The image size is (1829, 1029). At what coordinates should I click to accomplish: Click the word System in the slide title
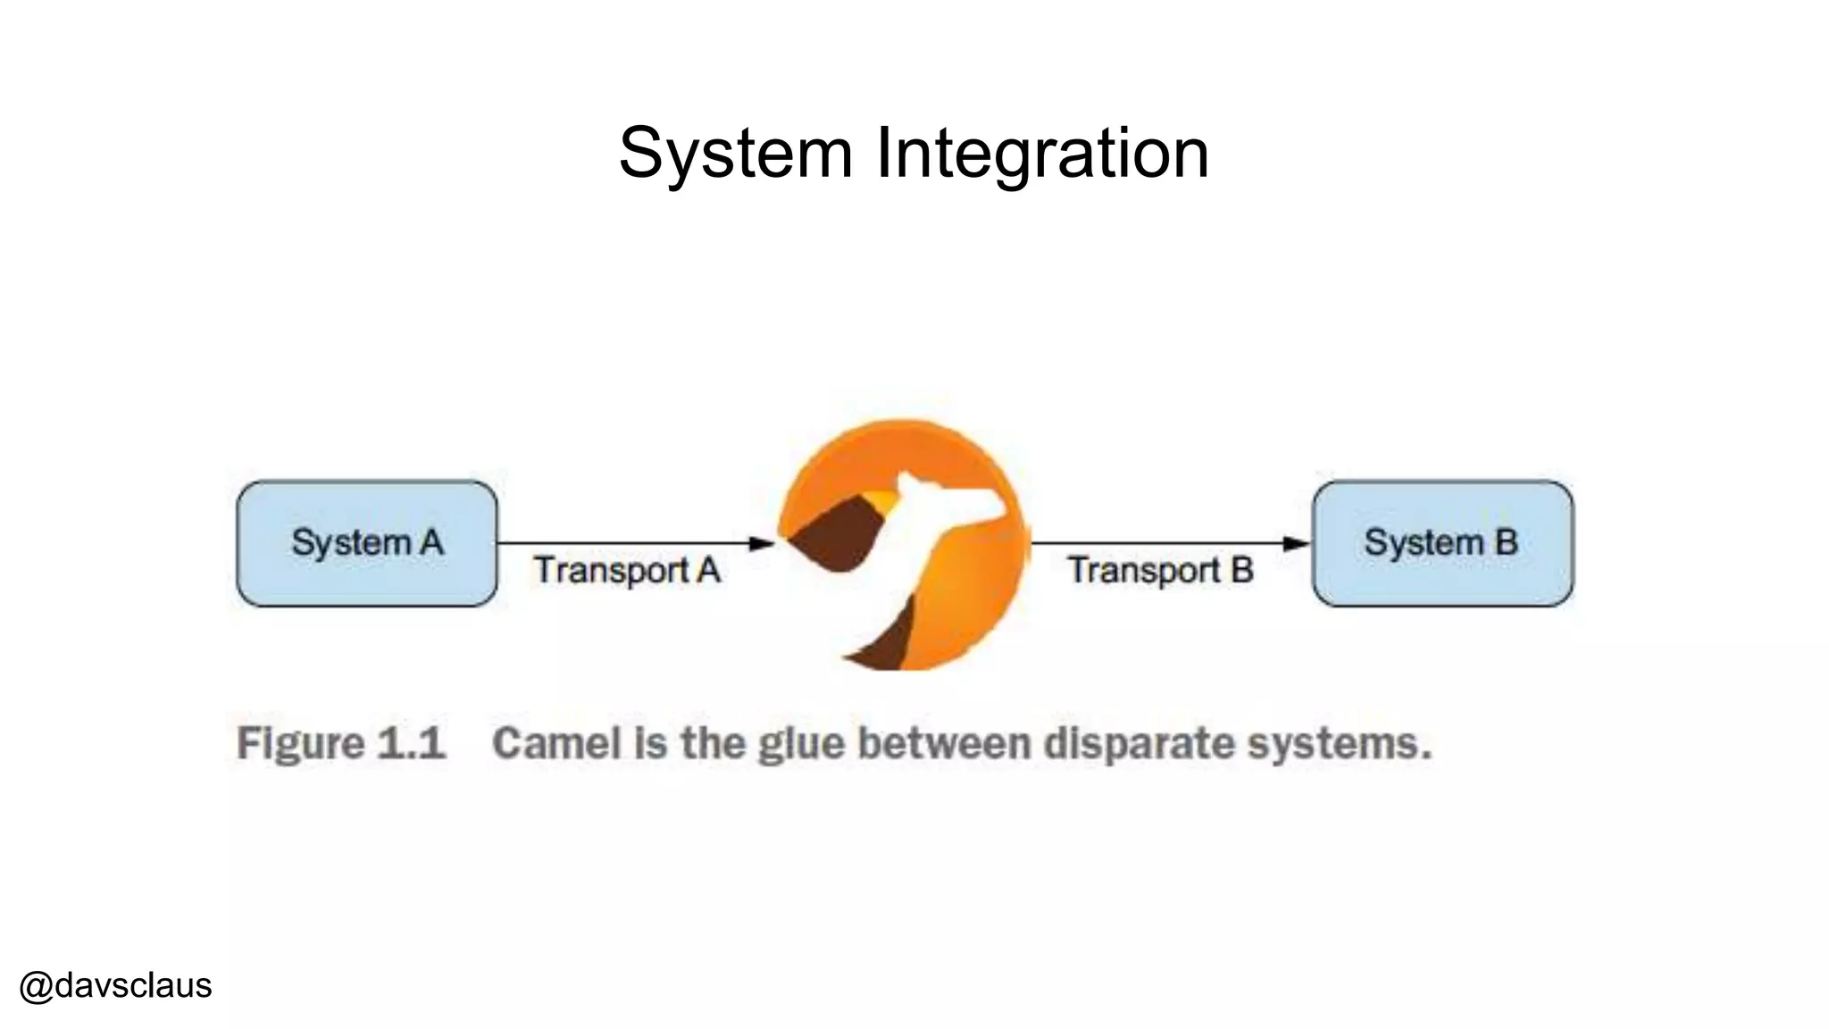[735, 154]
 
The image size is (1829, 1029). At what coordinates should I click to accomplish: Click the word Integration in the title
[1042, 154]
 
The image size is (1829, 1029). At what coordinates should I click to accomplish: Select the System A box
[367, 543]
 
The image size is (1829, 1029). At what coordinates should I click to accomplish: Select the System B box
[1442, 543]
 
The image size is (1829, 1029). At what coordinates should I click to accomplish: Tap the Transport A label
[627, 571]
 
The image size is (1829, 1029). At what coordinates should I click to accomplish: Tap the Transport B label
[1160, 571]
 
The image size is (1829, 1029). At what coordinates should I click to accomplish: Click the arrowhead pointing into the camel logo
[762, 543]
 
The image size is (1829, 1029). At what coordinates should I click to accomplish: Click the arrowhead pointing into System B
[1296, 543]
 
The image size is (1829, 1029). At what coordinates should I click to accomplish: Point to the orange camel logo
[903, 545]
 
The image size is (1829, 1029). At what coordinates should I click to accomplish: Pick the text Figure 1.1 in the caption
[340, 743]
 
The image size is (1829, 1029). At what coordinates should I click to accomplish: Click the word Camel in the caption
[556, 743]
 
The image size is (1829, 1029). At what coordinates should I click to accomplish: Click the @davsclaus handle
[115, 986]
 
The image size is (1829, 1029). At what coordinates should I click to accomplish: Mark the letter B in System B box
[1506, 542]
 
